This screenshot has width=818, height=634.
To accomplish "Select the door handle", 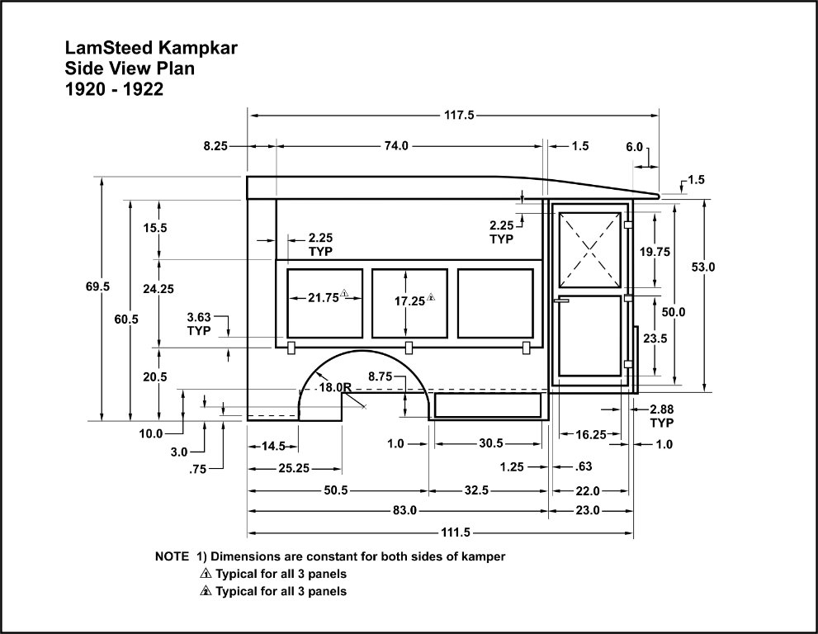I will (562, 302).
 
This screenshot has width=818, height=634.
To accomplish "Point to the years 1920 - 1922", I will (114, 90).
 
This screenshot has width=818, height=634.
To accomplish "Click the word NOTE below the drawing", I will (172, 557).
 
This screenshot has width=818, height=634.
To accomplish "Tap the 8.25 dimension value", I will (215, 146).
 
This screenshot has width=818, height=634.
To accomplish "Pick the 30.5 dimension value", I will (490, 444).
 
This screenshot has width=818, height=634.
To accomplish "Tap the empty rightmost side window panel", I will (494, 303).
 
